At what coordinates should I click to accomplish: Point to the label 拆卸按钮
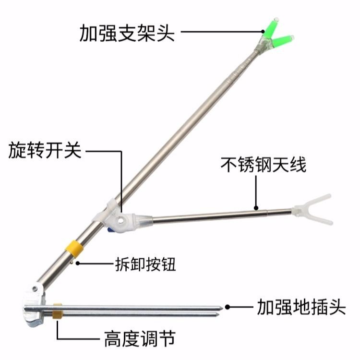(x=145, y=263)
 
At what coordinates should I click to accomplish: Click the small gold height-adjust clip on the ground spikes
(x=57, y=311)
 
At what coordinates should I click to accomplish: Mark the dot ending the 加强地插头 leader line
(x=229, y=306)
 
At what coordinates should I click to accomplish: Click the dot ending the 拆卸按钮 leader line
(x=76, y=263)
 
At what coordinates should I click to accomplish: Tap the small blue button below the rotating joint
(x=110, y=231)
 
